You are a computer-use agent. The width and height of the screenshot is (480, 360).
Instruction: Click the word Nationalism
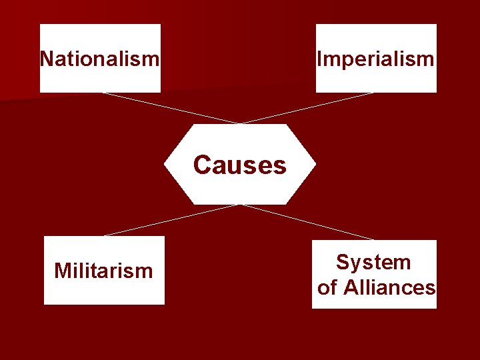coord(100,59)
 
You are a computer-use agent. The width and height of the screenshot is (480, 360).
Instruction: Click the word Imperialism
coord(376,59)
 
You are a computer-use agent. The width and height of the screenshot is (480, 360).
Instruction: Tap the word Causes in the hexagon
coord(240,165)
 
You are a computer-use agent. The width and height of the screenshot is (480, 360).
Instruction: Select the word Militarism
coord(103,271)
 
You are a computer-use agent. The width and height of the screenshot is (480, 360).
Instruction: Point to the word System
coord(373,262)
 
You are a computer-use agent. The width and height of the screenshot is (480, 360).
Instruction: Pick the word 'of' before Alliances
coord(327,288)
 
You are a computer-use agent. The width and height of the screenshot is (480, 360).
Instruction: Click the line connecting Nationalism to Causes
coord(170,108)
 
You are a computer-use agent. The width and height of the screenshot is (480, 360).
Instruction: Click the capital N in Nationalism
coord(47,59)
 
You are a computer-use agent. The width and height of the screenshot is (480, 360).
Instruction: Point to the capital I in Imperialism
coord(319,59)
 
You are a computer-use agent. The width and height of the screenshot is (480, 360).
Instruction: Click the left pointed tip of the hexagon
coord(165,165)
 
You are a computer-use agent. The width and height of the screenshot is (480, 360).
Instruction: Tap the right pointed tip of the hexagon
coord(315,165)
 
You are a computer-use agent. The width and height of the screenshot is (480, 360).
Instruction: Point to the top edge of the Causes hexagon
coord(240,125)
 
